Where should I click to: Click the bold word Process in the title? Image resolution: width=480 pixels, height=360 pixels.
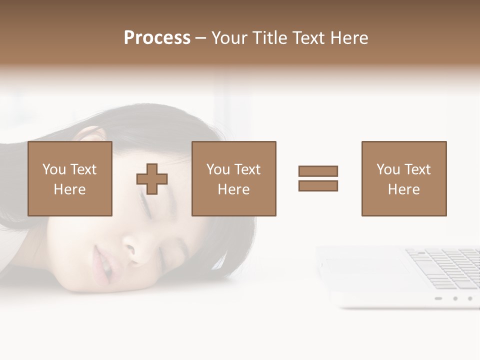pyautogui.click(x=157, y=38)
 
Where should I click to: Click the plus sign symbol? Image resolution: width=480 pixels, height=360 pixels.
pyautogui.click(x=152, y=178)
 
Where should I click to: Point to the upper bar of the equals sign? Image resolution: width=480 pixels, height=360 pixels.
pyautogui.click(x=318, y=171)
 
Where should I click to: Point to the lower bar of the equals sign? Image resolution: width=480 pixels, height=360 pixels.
pyautogui.click(x=318, y=185)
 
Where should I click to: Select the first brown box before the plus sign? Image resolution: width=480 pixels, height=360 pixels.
pyautogui.click(x=70, y=178)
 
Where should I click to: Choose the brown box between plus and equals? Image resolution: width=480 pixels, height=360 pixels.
pyautogui.click(x=234, y=178)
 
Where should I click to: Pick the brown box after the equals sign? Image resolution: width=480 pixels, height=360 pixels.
pyautogui.click(x=404, y=178)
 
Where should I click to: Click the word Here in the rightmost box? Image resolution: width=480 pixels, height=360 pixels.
pyautogui.click(x=404, y=189)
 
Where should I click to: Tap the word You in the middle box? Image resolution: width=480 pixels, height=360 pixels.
pyautogui.click(x=218, y=169)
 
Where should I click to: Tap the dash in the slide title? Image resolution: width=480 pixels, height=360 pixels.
pyautogui.click(x=200, y=38)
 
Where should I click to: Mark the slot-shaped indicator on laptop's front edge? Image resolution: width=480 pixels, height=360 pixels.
pyautogui.click(x=438, y=298)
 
